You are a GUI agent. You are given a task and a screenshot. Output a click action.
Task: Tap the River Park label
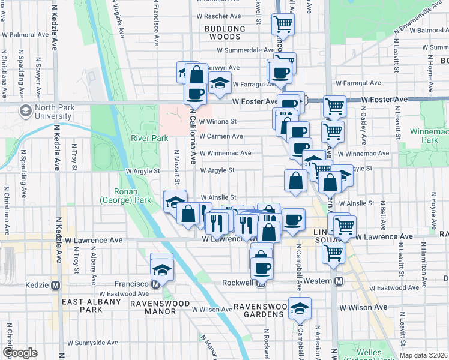pyautogui.click(x=141, y=138)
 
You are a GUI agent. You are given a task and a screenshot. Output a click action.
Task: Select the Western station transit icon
pyautogui.click(x=339, y=281)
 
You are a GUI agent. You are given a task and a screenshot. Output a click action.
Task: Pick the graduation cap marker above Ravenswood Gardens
pyautogui.click(x=300, y=309)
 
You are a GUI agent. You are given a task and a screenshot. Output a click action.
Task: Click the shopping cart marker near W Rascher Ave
pyautogui.click(x=283, y=25)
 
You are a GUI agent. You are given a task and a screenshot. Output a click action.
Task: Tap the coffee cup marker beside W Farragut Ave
pyautogui.click(x=279, y=73)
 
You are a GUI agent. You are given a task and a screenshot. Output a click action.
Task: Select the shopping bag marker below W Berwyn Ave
pyautogui.click(x=196, y=75)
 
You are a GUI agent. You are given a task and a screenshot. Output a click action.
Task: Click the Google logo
pyautogui.click(x=20, y=353)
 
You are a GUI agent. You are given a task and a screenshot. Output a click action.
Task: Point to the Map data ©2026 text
pyautogui.click(x=423, y=355)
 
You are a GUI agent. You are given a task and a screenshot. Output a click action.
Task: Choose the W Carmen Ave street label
pyautogui.click(x=221, y=136)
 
